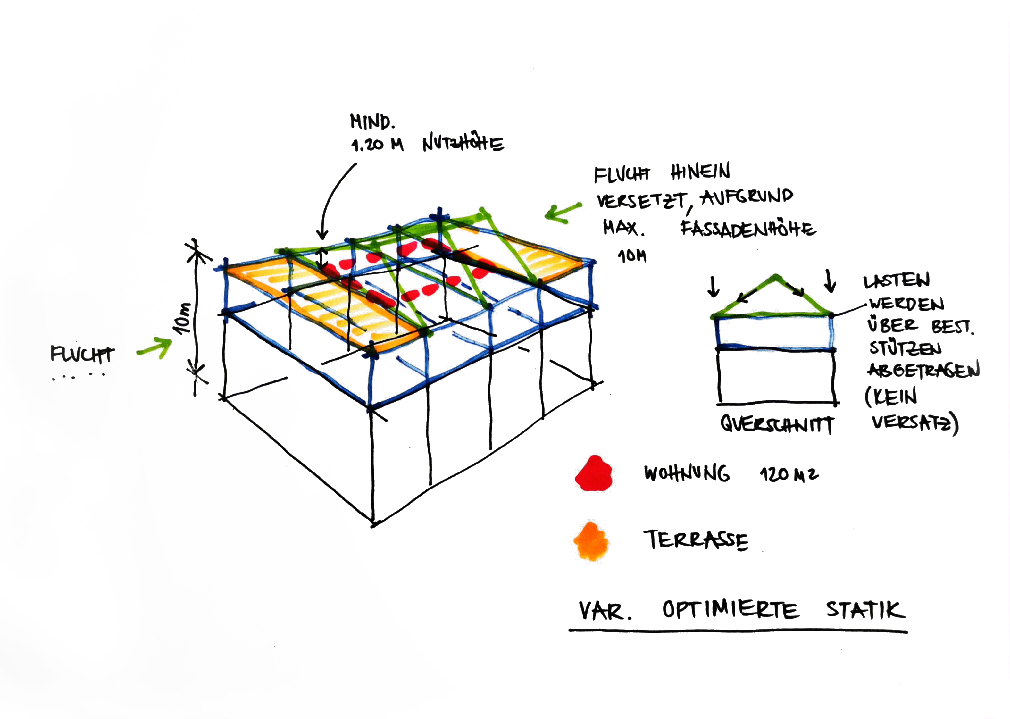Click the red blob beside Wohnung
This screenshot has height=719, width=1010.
[x=594, y=473]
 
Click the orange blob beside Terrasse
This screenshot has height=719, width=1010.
[x=591, y=541]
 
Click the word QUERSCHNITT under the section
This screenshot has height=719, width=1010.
[x=777, y=424]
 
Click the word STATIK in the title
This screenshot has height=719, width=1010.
[x=865, y=610]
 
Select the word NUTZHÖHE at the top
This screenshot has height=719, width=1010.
[x=463, y=143]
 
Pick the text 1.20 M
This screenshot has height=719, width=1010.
[x=377, y=144]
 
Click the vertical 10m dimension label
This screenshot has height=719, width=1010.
[x=183, y=318]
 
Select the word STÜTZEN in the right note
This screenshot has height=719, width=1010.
[x=905, y=348]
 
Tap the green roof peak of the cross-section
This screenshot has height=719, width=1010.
[x=775, y=278]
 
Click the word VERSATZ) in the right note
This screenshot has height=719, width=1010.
[x=914, y=423]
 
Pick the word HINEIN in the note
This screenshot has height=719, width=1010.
[x=700, y=172]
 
